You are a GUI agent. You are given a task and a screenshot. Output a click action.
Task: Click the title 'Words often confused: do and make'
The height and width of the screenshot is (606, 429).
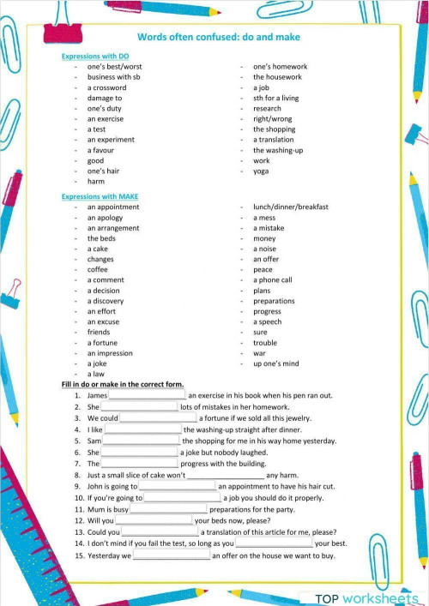[x=219, y=38]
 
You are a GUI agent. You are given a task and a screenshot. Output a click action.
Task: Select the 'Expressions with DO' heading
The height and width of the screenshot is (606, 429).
[x=95, y=57]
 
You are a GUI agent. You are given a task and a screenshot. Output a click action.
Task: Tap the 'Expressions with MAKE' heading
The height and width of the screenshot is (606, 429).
[x=100, y=196]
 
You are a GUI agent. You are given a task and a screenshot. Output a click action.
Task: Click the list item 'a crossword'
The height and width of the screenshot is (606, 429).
[x=106, y=87]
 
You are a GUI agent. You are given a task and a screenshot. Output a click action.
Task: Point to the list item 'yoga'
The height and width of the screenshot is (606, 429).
[x=261, y=171]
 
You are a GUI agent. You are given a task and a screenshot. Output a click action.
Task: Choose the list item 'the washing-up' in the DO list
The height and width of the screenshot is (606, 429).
[x=277, y=150]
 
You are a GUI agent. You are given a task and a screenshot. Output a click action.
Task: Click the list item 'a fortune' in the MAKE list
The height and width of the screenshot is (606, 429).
[x=102, y=343]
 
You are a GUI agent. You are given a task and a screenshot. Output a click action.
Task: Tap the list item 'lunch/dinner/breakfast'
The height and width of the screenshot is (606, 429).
[x=290, y=207]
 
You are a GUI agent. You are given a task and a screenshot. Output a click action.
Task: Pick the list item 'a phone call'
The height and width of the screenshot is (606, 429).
[x=272, y=279]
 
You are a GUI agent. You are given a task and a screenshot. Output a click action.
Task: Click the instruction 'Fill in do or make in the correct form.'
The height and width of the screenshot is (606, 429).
[x=123, y=385]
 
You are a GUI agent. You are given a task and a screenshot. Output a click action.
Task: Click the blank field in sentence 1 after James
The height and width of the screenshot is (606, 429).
[x=148, y=395]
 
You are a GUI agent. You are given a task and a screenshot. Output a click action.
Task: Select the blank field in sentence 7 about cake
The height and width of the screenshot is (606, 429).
[x=226, y=475]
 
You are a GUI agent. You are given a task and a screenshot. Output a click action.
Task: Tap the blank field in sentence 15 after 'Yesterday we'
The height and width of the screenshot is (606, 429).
[x=172, y=555]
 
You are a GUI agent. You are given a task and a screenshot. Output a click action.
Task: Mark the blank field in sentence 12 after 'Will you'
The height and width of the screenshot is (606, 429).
[x=154, y=520]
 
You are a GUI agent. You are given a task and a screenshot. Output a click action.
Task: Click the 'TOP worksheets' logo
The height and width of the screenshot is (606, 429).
[x=366, y=597]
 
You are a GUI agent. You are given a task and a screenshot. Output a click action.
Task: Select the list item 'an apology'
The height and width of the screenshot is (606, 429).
[x=106, y=218]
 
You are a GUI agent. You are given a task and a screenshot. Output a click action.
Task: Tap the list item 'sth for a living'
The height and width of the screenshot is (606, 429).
[x=276, y=98]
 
